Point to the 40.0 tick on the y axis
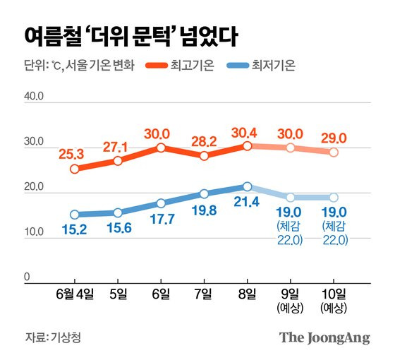tap(34, 97)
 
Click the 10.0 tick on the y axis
tap(34, 233)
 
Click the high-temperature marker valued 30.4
tap(248, 145)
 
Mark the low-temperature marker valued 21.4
tap(248, 186)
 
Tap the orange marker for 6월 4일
tap(75, 169)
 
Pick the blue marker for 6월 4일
tap(75, 215)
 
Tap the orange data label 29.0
tap(333, 134)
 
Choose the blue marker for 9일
tap(291, 198)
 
